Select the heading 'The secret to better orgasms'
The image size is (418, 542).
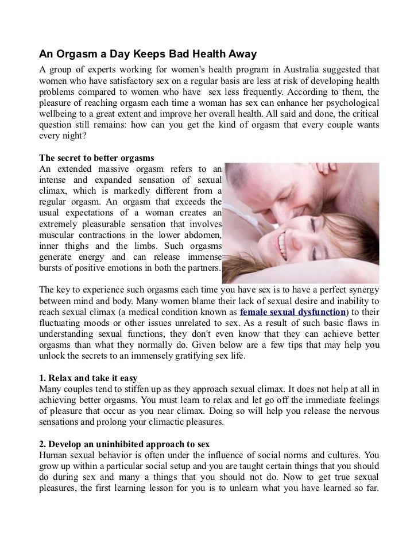tap(96, 157)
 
